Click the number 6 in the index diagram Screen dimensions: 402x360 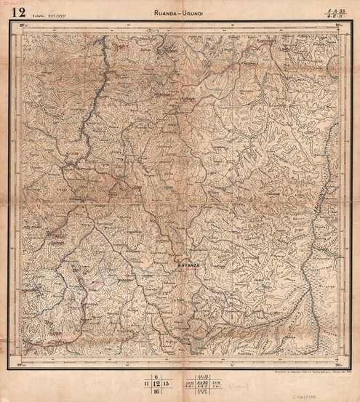point(156,374)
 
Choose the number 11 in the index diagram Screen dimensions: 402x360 point(147,382)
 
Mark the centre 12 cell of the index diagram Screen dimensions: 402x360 point(156,382)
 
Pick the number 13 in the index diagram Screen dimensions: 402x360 point(167,382)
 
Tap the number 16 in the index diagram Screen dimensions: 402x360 point(156,391)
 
